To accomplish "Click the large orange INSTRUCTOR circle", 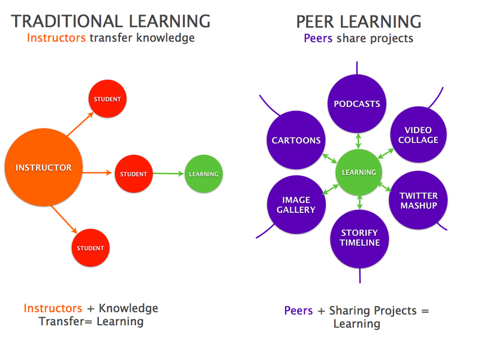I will (x=44, y=168).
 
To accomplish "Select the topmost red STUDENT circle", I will (x=108, y=99).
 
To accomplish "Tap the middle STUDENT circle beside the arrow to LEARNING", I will (x=133, y=174).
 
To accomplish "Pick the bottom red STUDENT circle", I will (x=91, y=248).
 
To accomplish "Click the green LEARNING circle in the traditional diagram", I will (x=203, y=174).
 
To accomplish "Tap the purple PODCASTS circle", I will (x=357, y=104).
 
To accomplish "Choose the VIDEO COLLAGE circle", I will (x=418, y=135).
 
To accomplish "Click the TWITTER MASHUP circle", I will (x=418, y=200).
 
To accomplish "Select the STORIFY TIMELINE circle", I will (x=359, y=238).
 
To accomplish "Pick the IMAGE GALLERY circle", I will (x=296, y=205).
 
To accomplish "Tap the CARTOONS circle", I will (x=296, y=140).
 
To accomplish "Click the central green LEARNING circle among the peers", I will (x=359, y=172).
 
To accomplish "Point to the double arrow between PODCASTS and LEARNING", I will (x=358, y=141).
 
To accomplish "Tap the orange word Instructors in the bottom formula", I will (x=53, y=308).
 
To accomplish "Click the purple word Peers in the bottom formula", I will (x=298, y=311).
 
